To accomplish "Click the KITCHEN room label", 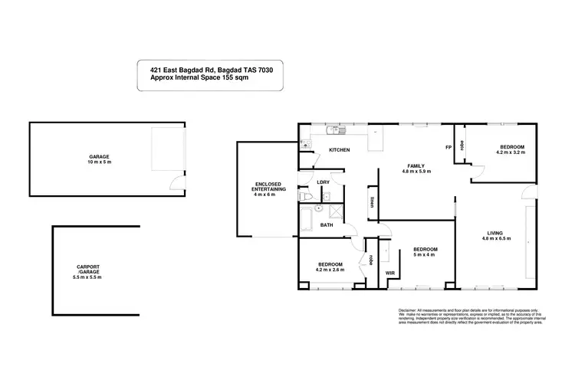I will click(340, 150).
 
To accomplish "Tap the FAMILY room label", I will click(416, 166).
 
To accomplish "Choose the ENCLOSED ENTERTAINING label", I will click(268, 187).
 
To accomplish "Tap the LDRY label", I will click(323, 182).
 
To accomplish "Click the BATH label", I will click(327, 225).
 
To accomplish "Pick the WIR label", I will click(390, 272).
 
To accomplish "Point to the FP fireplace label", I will click(448, 147).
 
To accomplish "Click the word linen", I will click(371, 202).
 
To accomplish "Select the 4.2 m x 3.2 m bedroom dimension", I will click(512, 152).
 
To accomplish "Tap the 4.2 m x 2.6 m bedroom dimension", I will click(329, 270).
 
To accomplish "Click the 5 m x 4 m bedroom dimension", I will click(425, 255).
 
